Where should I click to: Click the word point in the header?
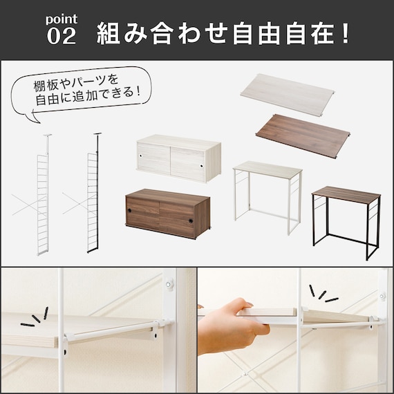(x=62, y=19)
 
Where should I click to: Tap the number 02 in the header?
(x=62, y=36)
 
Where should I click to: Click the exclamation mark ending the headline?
(x=346, y=33)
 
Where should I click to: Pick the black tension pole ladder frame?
(x=93, y=193)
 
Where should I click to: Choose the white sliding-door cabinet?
(x=179, y=158)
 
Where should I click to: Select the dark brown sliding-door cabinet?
(x=168, y=214)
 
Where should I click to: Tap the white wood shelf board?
(x=288, y=95)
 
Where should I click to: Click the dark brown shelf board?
(x=303, y=135)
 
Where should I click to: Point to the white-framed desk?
(x=268, y=197)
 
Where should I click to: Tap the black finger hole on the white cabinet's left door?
(x=140, y=156)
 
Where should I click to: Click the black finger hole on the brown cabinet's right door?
(x=191, y=221)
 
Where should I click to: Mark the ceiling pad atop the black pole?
(x=97, y=133)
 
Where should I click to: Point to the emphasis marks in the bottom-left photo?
(x=35, y=317)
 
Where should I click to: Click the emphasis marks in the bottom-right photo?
(x=323, y=294)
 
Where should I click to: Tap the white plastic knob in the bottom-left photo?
(x=169, y=285)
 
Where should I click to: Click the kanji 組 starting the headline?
(x=109, y=33)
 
